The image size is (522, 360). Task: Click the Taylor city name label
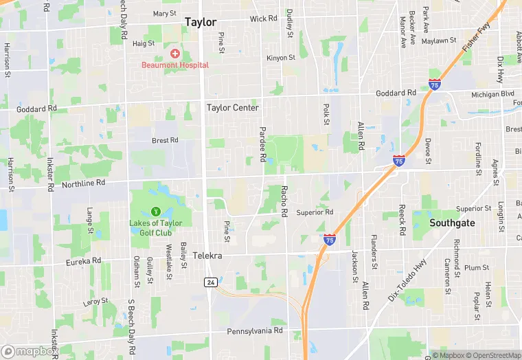point(200,22)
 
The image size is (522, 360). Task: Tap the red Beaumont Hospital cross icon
point(175,54)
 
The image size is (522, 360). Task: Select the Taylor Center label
point(233,108)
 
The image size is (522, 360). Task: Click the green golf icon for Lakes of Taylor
point(156,212)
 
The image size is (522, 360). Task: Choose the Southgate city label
point(453,223)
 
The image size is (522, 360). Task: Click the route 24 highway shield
point(209,282)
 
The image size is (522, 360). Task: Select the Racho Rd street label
point(284,201)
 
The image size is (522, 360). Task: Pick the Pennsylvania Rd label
point(255,331)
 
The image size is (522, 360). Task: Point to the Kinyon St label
point(280,58)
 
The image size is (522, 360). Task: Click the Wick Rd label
point(263,19)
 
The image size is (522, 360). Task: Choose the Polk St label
point(326,114)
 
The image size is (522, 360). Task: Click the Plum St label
point(476,268)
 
